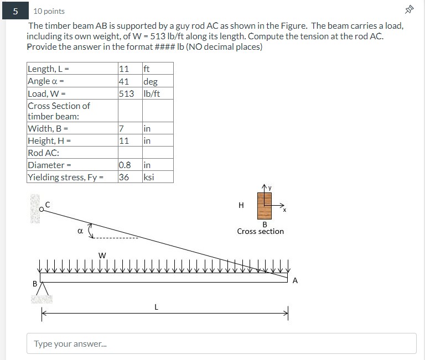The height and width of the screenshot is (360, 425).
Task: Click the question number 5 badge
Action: tap(16, 11)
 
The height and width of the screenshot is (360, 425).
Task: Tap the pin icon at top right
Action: tap(409, 10)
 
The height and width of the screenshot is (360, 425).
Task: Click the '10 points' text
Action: tap(49, 11)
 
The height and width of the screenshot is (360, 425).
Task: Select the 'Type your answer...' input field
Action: tap(221, 343)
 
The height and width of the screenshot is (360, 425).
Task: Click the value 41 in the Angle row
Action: tap(123, 81)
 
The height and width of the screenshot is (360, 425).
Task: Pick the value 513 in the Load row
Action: tap(126, 93)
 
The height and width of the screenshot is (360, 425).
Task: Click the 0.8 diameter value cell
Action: tap(125, 165)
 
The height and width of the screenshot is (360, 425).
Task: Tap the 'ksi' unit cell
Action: tap(148, 177)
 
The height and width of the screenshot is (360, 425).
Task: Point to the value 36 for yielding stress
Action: tap(123, 177)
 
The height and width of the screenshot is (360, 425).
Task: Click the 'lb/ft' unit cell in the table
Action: tap(152, 93)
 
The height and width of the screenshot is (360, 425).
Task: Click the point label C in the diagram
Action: tap(47, 205)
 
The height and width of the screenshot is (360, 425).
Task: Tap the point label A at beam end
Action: tap(295, 280)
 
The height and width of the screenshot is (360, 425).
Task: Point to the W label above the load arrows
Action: tap(102, 255)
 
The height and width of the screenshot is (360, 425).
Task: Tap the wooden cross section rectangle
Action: tap(265, 205)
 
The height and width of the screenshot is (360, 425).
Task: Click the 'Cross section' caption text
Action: tap(260, 231)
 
